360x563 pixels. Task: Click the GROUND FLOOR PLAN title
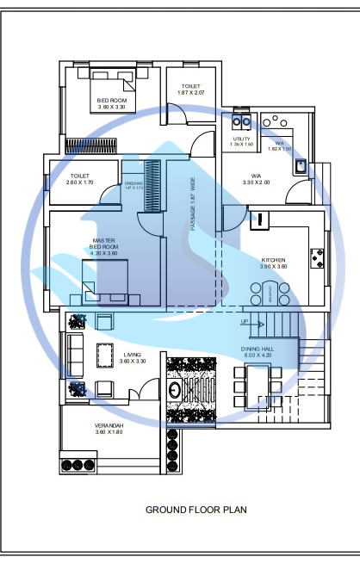click(x=196, y=510)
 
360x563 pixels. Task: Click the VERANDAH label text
click(x=109, y=428)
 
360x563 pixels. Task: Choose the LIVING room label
click(x=109, y=356)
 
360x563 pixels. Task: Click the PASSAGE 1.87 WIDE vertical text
click(x=193, y=205)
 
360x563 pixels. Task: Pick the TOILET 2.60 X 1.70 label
click(x=79, y=179)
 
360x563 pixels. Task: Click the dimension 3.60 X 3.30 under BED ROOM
click(x=111, y=107)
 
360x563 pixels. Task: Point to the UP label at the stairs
click(x=245, y=322)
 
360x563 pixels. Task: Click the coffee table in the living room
click(x=106, y=354)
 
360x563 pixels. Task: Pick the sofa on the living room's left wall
click(x=73, y=353)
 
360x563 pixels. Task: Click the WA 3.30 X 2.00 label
click(x=256, y=179)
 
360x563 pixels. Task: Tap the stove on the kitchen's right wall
click(x=318, y=256)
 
